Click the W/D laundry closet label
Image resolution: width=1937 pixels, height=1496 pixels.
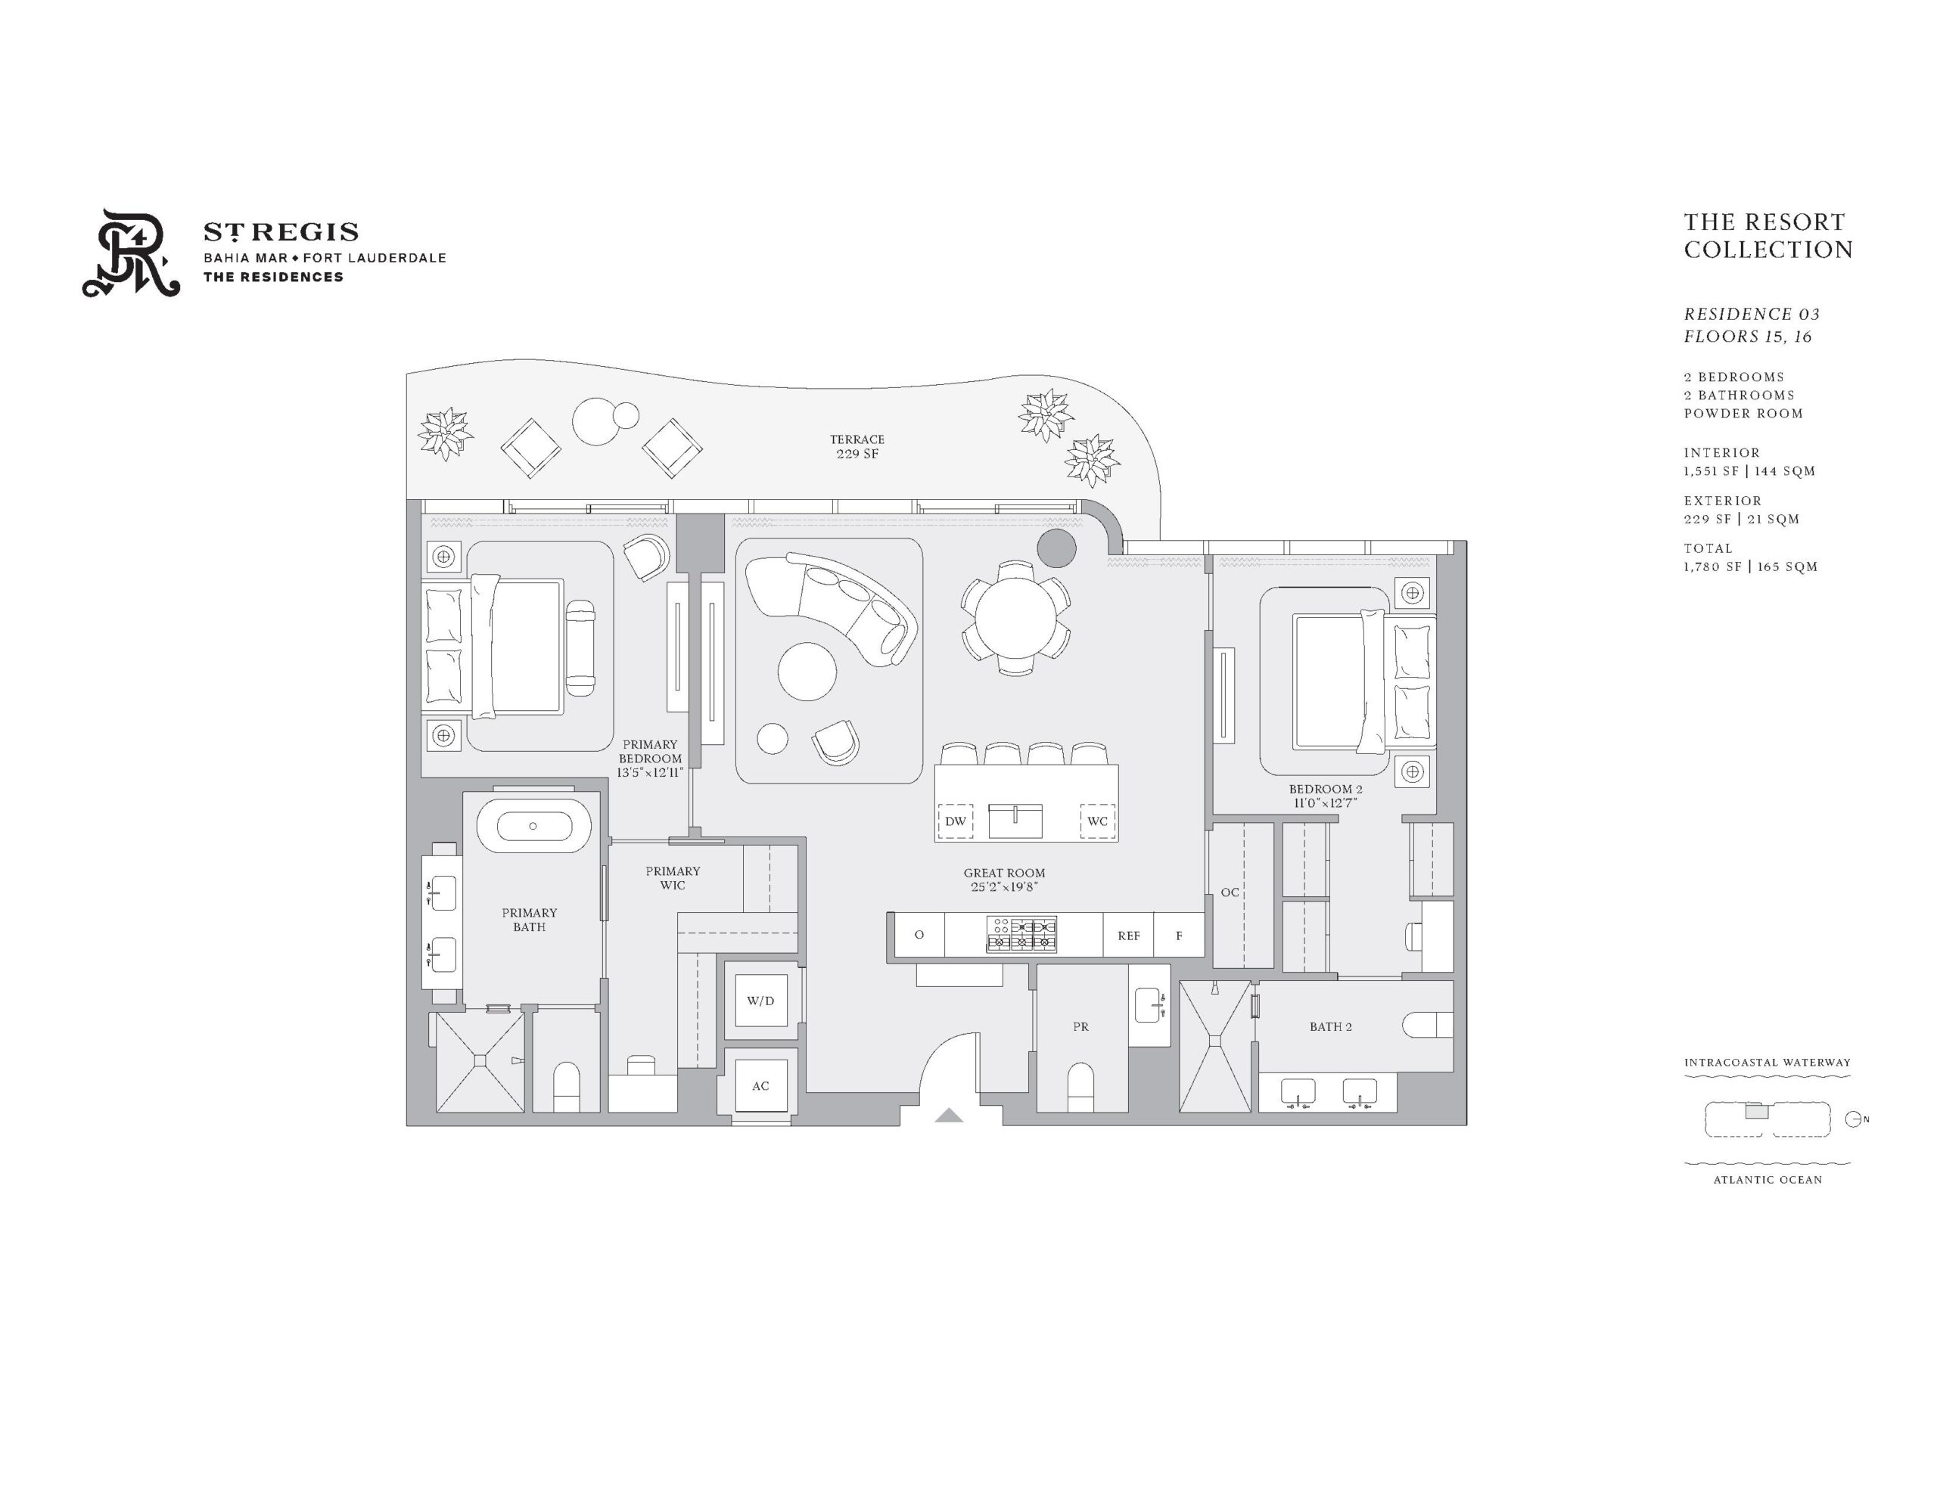pyautogui.click(x=760, y=1001)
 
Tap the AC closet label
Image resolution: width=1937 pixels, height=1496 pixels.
pyautogui.click(x=760, y=1085)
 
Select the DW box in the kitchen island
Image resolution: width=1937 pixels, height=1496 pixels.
pyautogui.click(x=955, y=821)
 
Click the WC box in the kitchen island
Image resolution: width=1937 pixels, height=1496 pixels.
pyautogui.click(x=1097, y=821)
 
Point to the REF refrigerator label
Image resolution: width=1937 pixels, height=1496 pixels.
pyautogui.click(x=1128, y=936)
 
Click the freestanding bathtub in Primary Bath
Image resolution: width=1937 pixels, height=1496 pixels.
pyautogui.click(x=533, y=826)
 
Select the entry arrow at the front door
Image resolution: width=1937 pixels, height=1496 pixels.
pyautogui.click(x=949, y=1115)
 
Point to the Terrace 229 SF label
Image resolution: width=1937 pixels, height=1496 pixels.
pyautogui.click(x=857, y=446)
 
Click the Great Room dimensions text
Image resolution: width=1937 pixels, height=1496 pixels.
pyautogui.click(x=1004, y=886)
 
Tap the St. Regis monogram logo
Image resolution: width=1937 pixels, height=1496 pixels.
pyautogui.click(x=131, y=253)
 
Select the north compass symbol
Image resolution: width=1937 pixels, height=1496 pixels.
pyautogui.click(x=1854, y=1119)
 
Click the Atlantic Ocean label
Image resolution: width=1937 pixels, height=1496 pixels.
pyautogui.click(x=1768, y=1179)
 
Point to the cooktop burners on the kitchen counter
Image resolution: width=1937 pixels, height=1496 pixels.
pyautogui.click(x=1021, y=935)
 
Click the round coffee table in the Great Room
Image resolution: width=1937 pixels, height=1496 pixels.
pyautogui.click(x=807, y=672)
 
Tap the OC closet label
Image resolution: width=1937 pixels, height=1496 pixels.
pyautogui.click(x=1230, y=892)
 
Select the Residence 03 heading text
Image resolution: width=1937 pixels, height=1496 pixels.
pyautogui.click(x=1752, y=314)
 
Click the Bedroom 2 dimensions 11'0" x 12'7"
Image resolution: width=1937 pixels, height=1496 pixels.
pyautogui.click(x=1326, y=803)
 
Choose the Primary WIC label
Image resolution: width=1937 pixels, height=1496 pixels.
pyautogui.click(x=672, y=878)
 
